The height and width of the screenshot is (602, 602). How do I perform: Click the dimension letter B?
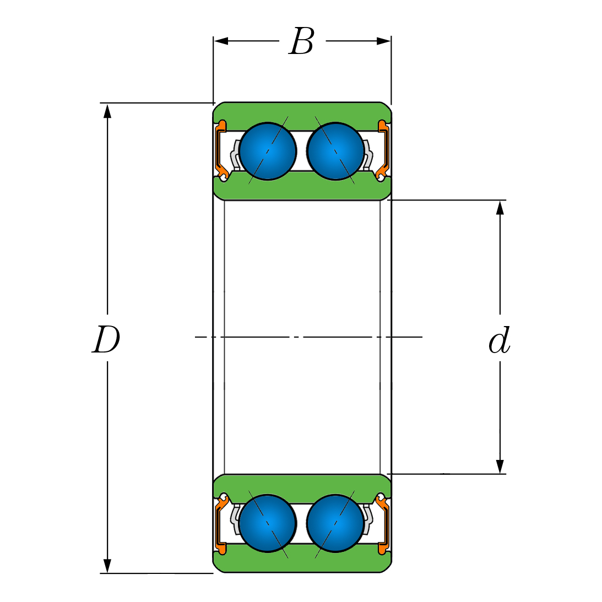(301, 42)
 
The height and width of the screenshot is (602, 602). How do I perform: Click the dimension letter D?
(106, 340)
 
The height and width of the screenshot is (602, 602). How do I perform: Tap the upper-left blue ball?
(268, 151)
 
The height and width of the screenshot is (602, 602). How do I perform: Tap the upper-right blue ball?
(335, 151)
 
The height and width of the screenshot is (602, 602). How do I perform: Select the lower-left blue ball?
(268, 523)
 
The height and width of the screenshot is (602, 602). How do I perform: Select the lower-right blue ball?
(335, 523)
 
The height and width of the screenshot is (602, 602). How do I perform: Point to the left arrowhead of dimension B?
(220, 41)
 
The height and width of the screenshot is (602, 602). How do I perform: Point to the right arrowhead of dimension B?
(384, 41)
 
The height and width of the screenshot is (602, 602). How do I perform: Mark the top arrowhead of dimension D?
(107, 110)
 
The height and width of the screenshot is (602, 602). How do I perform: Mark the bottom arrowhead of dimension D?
(107, 566)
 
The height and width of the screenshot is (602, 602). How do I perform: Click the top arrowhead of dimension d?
(500, 207)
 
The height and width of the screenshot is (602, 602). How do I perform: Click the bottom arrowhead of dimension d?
(500, 467)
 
